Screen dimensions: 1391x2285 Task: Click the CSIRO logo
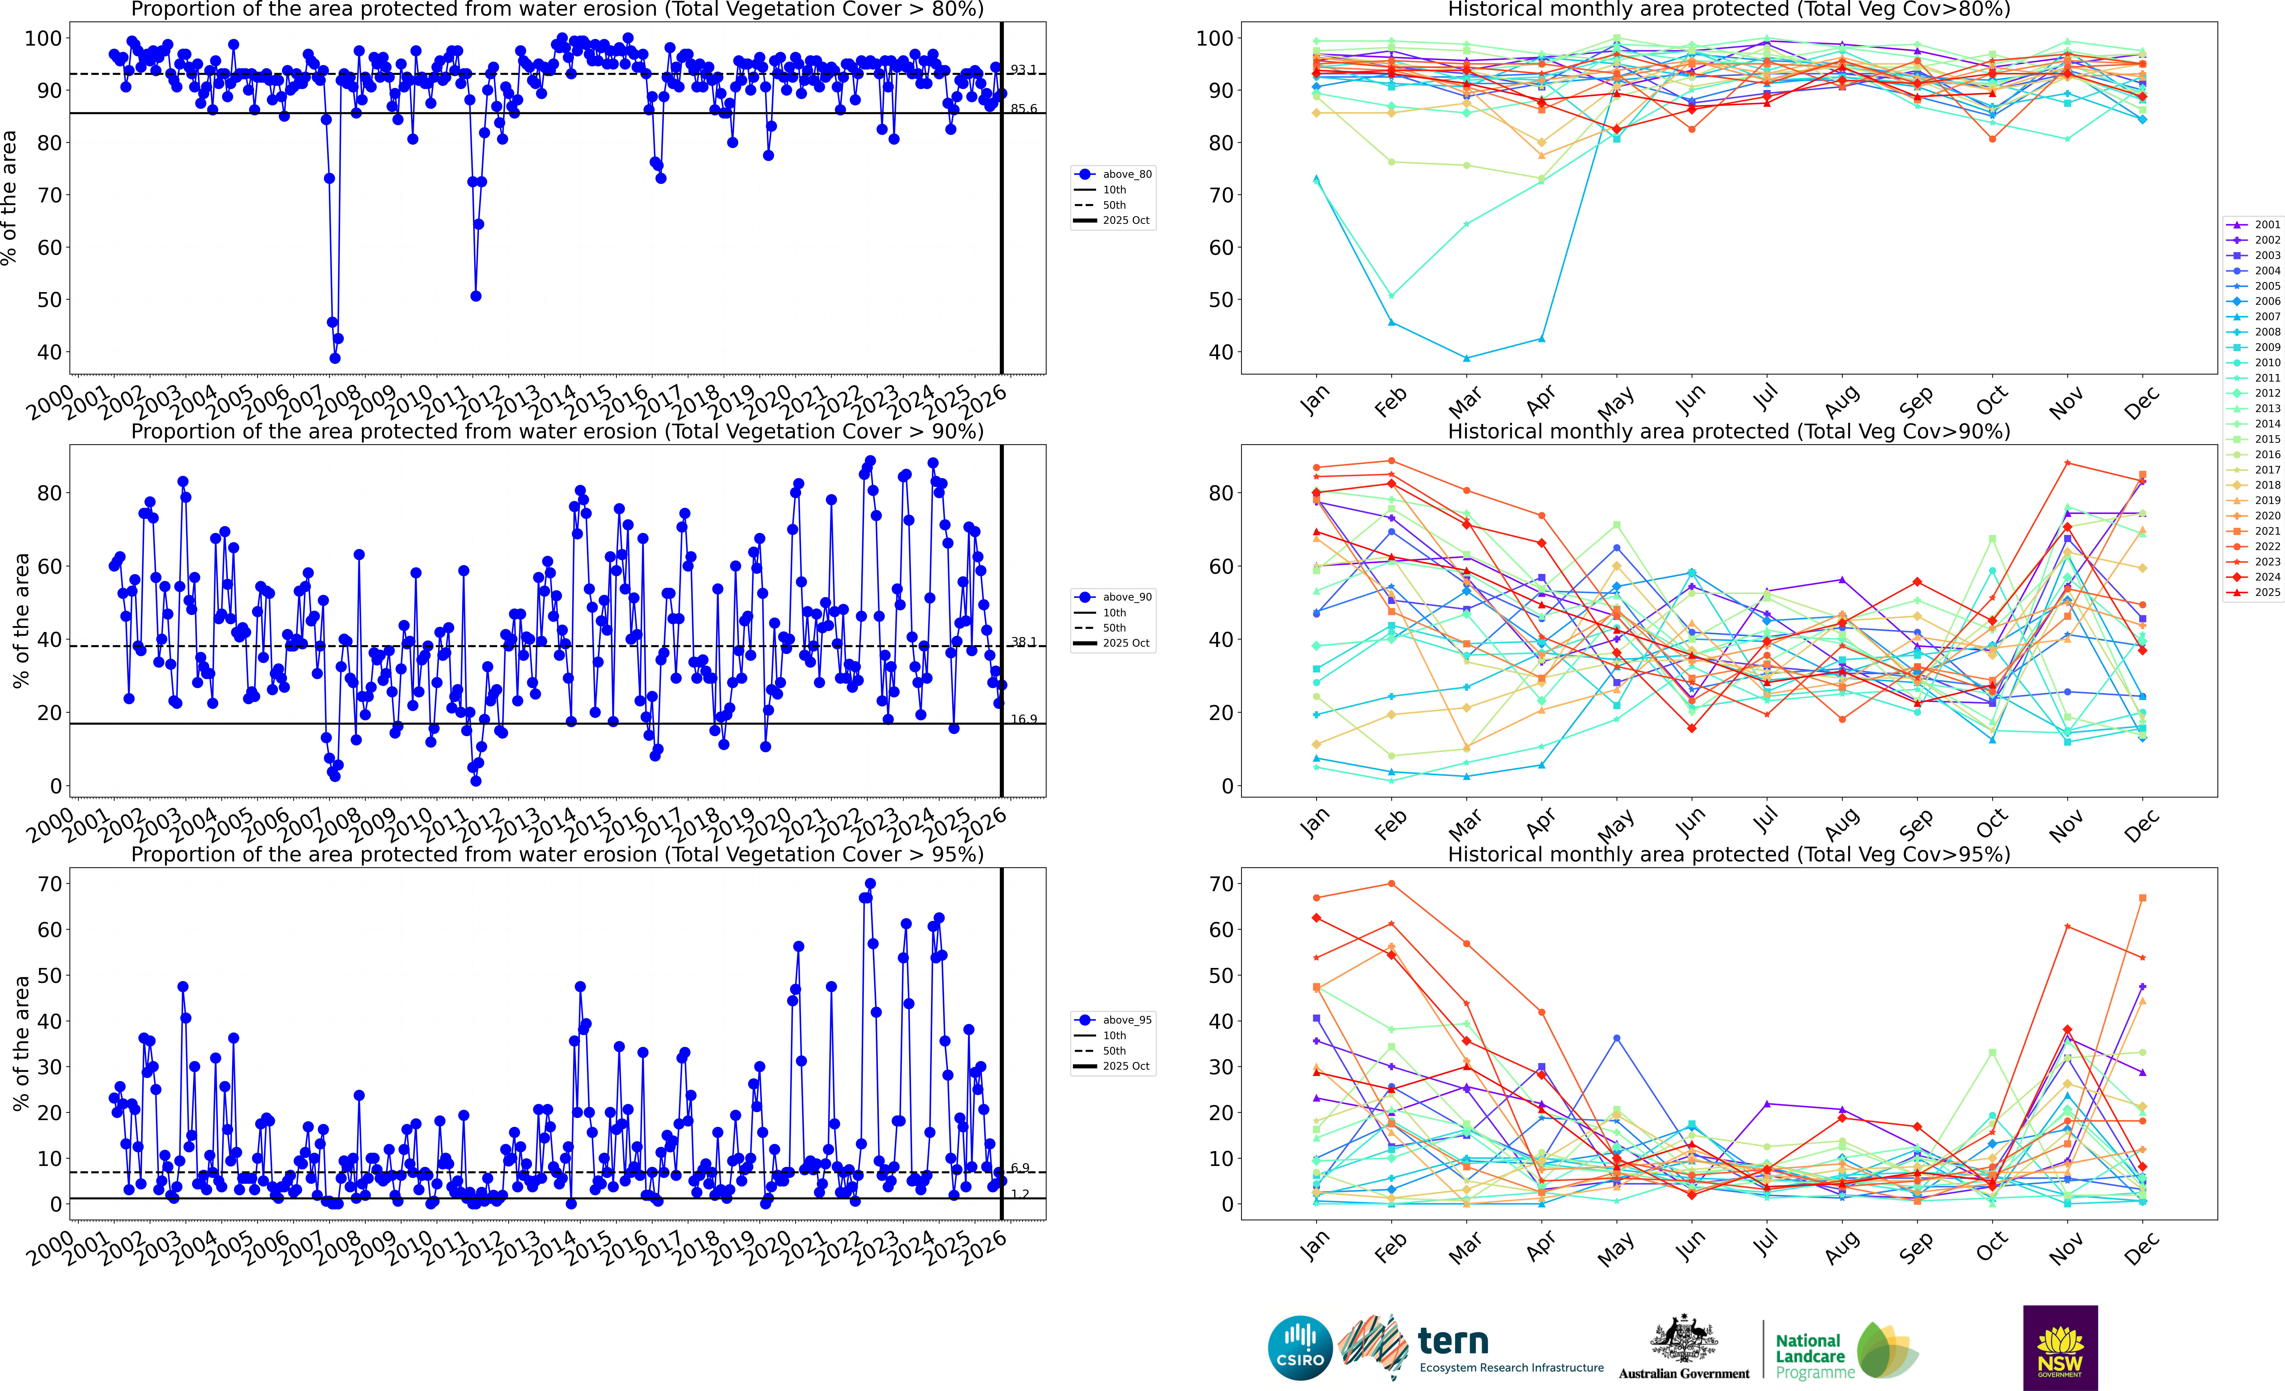[x=1300, y=1347]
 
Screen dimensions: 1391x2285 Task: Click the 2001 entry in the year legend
[x=2258, y=224]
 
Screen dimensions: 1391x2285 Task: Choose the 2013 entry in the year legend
[x=2258, y=408]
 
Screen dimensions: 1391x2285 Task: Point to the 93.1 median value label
[x=1023, y=69]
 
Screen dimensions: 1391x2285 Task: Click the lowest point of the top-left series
[x=335, y=358]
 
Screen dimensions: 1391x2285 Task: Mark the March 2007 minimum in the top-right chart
[x=1466, y=358]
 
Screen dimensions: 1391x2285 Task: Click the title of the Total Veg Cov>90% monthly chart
[x=1729, y=431]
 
